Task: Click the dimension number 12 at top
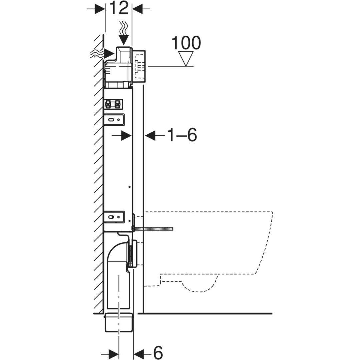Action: pyautogui.click(x=119, y=8)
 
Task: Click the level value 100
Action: pyautogui.click(x=186, y=43)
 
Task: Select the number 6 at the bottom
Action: pyautogui.click(x=157, y=352)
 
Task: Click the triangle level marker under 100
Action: pyautogui.click(x=186, y=59)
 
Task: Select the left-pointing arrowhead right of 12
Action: pyautogui.click(x=138, y=9)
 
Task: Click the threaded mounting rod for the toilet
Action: pyautogui.click(x=153, y=228)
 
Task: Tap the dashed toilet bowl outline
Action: pyautogui.click(x=208, y=251)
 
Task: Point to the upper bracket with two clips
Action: pyautogui.click(x=113, y=104)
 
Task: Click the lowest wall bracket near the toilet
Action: pyautogui.click(x=114, y=217)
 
